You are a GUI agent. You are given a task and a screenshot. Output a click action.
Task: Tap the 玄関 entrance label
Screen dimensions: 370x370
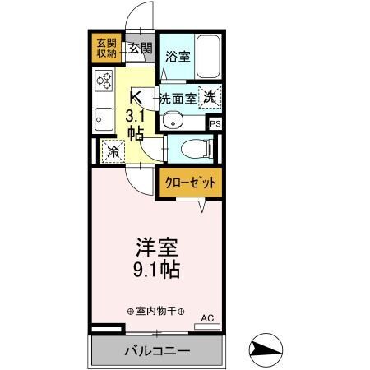[x=140, y=49]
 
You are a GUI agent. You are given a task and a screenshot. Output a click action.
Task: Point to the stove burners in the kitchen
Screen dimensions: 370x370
[x=104, y=81]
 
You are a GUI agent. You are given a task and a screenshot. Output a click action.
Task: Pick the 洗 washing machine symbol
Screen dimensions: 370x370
[x=210, y=96]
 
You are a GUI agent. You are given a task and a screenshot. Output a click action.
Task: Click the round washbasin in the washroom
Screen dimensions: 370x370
[x=173, y=122]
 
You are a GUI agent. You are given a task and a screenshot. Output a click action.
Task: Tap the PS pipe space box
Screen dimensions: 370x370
[x=215, y=124]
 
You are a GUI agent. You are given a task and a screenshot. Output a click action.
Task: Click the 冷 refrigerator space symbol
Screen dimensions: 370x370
[x=112, y=152]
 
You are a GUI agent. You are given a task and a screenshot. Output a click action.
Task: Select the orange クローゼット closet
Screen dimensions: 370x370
[x=189, y=183]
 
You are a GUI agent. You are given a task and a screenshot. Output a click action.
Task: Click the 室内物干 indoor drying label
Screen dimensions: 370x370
[x=156, y=312]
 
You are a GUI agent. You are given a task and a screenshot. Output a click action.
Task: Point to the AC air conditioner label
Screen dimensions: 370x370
[x=206, y=317]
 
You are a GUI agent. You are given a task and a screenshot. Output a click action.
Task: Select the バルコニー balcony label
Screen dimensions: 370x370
[x=158, y=351]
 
